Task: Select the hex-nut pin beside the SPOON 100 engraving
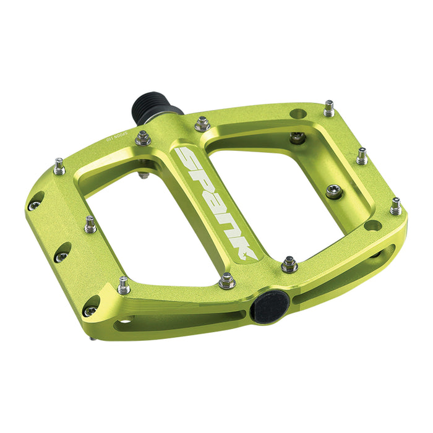coord(143,137)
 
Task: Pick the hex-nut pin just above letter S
coord(202,123)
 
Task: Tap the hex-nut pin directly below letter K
coord(227,281)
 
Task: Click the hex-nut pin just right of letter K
coord(289,264)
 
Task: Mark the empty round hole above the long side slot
coord(372,225)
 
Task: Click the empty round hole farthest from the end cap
coord(299,114)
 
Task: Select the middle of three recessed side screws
coord(62,254)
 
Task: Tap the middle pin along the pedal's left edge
coord(91,223)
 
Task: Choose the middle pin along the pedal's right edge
coord(362,155)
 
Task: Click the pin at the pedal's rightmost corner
coord(396,206)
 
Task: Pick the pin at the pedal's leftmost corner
coord(59,166)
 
